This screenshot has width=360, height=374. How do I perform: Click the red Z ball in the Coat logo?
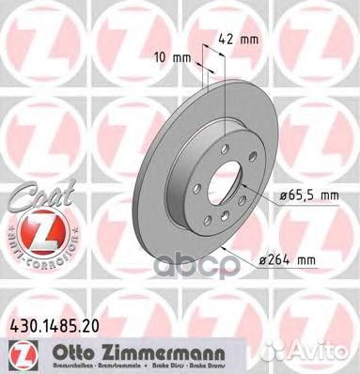pyautogui.click(x=32, y=225)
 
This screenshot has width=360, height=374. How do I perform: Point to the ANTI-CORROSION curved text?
pyautogui.click(x=32, y=246)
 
